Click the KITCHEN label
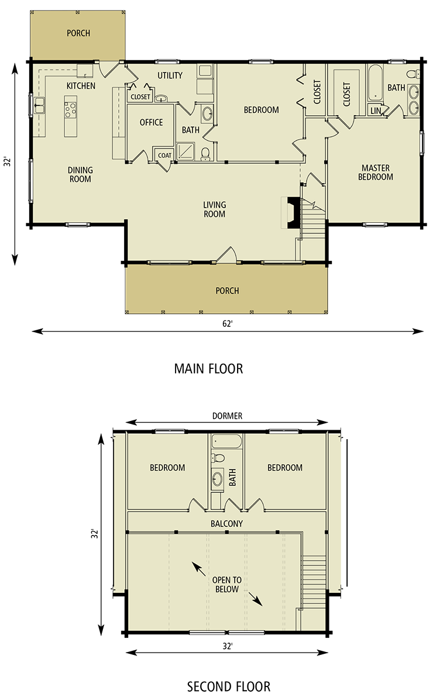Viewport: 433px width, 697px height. point(81,86)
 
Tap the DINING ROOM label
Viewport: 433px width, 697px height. point(80,175)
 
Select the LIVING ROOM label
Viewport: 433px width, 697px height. point(214,209)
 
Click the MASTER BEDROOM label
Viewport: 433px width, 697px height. point(375,172)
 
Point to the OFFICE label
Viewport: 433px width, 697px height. point(151,122)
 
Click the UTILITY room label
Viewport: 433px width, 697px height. point(170,75)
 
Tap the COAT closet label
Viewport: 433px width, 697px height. point(164,156)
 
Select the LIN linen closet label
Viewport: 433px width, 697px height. point(376,111)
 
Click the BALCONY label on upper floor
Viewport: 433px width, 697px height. point(226,524)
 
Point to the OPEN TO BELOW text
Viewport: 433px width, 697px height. point(227,585)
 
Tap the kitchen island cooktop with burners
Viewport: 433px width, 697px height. point(70,109)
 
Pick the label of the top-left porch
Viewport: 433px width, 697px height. point(78,33)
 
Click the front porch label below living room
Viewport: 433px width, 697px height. point(227,291)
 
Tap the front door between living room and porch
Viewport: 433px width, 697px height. point(226,258)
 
